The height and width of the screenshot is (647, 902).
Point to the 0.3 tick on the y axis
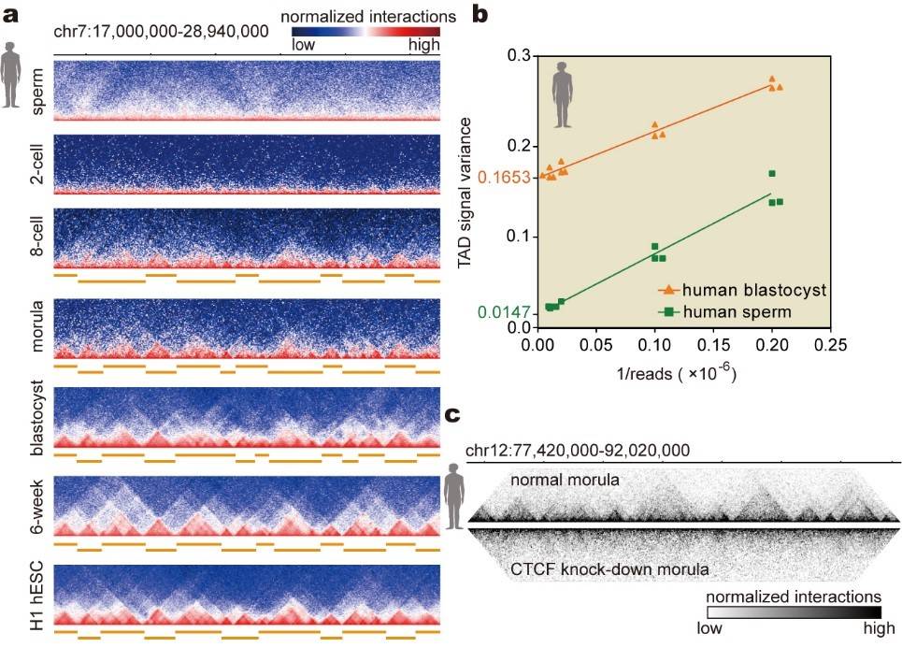click(x=517, y=56)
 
